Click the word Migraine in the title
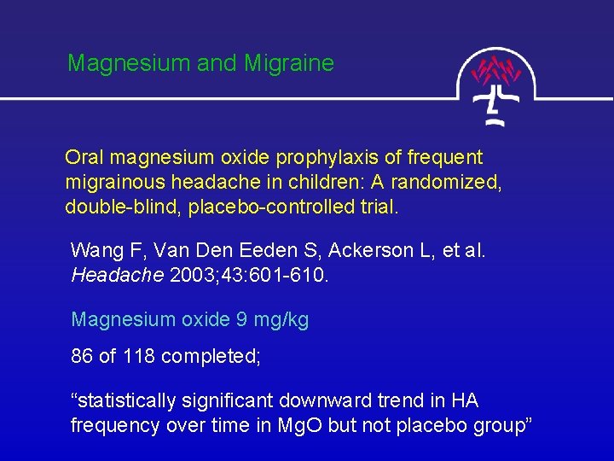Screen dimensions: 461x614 coord(288,64)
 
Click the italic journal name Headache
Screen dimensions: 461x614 coord(107,276)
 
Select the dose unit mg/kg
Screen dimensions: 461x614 coord(281,320)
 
